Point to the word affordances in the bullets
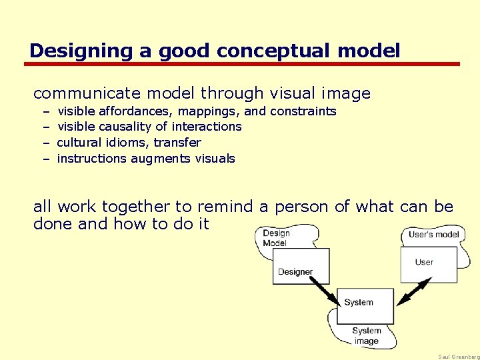(141, 111)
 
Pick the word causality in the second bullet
(127, 127)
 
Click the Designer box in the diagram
(301, 266)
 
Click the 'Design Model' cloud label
(276, 238)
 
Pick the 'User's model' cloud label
(434, 235)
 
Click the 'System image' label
(366, 336)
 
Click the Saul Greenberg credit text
(459, 357)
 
